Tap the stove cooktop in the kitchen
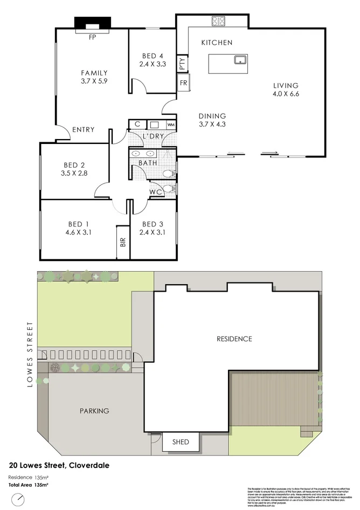pos(219,22)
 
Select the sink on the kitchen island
pos(240,59)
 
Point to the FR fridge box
pos(183,83)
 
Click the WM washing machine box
pos(171,125)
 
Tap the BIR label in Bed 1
pos(122,243)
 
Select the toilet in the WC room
pos(169,189)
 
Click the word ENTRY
pos(83,130)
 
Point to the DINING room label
pos(212,116)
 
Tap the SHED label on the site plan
pos(181,442)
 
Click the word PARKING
pos(94,411)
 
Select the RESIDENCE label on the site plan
pos(234,339)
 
